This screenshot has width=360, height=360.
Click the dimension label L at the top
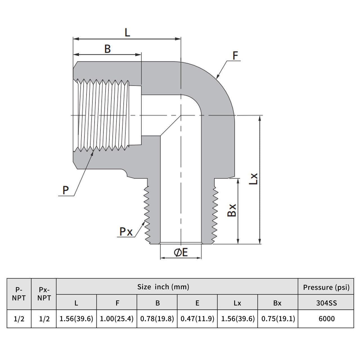click(127, 33)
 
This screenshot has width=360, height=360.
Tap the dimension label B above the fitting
click(107, 49)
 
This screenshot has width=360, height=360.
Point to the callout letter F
click(235, 56)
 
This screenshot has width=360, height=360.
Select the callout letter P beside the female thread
click(66, 190)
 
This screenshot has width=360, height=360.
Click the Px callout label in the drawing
click(126, 232)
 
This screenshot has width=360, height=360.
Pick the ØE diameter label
click(181, 252)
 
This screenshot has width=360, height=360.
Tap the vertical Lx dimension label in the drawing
click(253, 179)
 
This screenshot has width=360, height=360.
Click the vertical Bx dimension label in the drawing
click(232, 210)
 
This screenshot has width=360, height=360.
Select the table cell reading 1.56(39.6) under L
click(76, 319)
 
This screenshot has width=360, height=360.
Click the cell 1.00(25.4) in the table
click(117, 319)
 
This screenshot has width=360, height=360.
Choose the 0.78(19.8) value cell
click(157, 319)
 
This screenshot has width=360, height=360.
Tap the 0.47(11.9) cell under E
click(197, 319)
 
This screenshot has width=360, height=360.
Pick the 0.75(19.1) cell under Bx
click(278, 319)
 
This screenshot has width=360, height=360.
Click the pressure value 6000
click(327, 319)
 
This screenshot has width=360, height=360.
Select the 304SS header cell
click(326, 303)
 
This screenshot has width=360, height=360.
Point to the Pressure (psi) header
click(326, 287)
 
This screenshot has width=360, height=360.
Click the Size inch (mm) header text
click(163, 287)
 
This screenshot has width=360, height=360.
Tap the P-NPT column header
click(19, 294)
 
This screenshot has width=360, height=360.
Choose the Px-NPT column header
click(44, 294)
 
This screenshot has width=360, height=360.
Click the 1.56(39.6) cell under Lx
click(238, 319)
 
